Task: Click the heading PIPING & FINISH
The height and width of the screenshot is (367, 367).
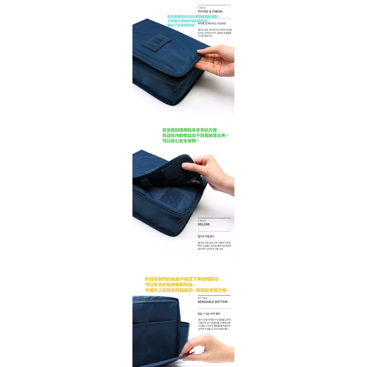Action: point(210,11)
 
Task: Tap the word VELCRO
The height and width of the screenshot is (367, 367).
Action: point(204,224)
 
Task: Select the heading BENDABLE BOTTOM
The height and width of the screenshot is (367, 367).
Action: point(213,302)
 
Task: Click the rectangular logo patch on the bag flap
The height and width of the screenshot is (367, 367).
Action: point(157,42)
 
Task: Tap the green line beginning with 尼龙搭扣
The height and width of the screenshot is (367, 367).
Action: point(191,130)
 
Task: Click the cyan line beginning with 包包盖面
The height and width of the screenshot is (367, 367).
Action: point(194,16)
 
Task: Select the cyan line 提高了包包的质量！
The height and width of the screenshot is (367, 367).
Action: point(182,25)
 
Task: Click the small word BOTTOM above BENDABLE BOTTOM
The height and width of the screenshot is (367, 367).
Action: point(202,298)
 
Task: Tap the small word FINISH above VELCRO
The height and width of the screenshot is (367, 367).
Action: point(202,221)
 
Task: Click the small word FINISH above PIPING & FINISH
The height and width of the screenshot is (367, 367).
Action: point(202,8)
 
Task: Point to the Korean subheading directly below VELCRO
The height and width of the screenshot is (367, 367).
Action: point(206,237)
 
